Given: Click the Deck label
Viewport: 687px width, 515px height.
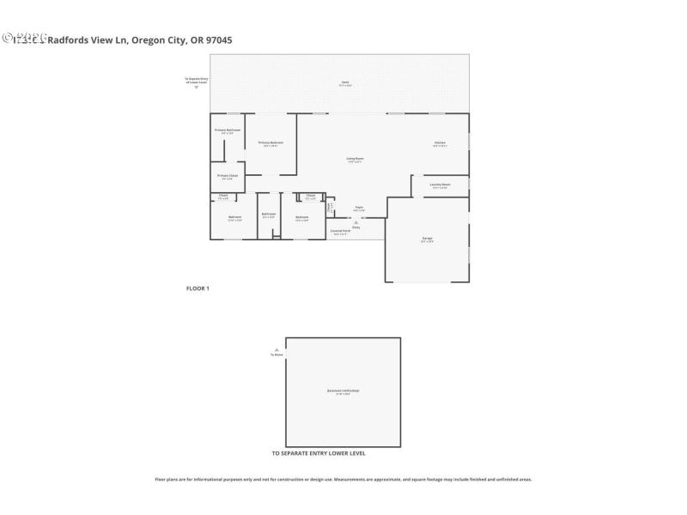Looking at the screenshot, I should tap(344, 82).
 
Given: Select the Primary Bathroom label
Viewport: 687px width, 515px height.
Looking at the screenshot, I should tap(228, 130).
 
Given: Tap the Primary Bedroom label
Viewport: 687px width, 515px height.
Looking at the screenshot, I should tap(271, 143).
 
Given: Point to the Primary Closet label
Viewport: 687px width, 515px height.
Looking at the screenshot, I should tap(228, 177).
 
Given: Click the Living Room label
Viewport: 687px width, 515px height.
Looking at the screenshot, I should tap(355, 160).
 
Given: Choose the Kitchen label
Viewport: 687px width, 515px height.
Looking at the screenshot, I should tap(440, 143).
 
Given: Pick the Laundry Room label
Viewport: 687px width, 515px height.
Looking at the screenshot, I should tap(440, 185).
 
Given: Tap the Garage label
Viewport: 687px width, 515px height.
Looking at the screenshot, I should tap(427, 239).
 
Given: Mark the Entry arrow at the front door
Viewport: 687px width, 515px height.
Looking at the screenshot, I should tap(356, 222).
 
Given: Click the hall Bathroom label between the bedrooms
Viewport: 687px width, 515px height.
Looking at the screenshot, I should tap(268, 215).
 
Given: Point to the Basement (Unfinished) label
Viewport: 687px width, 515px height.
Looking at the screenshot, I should tap(343, 391).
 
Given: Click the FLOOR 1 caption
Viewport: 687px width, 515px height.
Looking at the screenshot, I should tap(198, 288).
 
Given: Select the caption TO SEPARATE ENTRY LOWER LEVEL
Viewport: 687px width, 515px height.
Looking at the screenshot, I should tap(318, 453).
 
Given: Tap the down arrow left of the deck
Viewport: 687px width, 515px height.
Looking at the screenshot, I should tap(197, 87).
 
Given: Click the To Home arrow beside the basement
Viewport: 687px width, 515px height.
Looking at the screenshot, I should tap(277, 349).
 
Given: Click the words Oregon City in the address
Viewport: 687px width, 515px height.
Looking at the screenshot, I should tap(155, 39).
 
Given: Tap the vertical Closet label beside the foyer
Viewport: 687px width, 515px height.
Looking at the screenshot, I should tap(330, 208).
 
